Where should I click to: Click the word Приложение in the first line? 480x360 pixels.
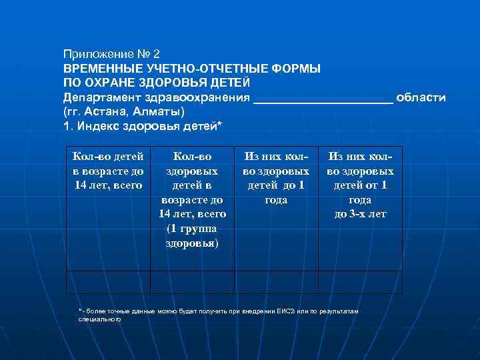96,53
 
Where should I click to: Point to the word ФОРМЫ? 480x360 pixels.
296,68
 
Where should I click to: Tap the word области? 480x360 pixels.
421,97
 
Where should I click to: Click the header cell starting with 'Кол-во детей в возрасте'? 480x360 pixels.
108,170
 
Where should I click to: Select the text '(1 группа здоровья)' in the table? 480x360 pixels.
192,236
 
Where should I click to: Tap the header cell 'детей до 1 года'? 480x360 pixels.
276,192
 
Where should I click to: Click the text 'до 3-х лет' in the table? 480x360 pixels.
360,214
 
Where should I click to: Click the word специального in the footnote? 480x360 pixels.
99,319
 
